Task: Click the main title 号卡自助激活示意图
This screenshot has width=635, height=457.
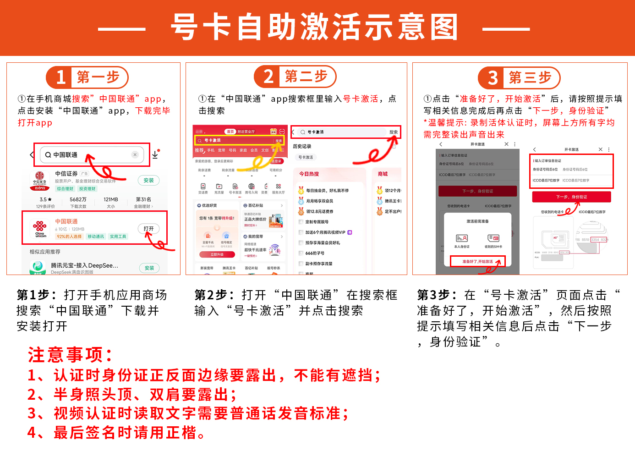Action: pyautogui.click(x=314, y=28)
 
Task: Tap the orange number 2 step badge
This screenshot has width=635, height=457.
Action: pyautogui.click(x=268, y=77)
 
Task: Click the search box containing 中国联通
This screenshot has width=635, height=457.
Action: pyautogui.click(x=92, y=155)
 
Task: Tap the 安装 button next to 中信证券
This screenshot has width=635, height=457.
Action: pyautogui.click(x=148, y=180)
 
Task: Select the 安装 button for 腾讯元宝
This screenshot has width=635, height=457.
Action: pyautogui.click(x=149, y=268)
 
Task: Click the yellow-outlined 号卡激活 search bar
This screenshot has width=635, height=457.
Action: pyautogui.click(x=240, y=140)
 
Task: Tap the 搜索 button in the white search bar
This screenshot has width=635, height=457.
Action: pyautogui.click(x=393, y=132)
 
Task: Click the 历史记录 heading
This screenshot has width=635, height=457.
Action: pyautogui.click(x=302, y=146)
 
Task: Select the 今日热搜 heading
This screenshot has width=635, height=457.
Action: pyautogui.click(x=309, y=174)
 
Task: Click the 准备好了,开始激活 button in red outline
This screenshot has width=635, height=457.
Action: pyautogui.click(x=477, y=261)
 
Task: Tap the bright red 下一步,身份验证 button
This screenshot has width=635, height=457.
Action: pyautogui.click(x=571, y=197)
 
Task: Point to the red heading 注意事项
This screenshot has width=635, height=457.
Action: pyautogui.click(x=70, y=354)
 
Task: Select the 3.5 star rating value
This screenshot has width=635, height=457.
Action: pyautogui.click(x=45, y=199)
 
